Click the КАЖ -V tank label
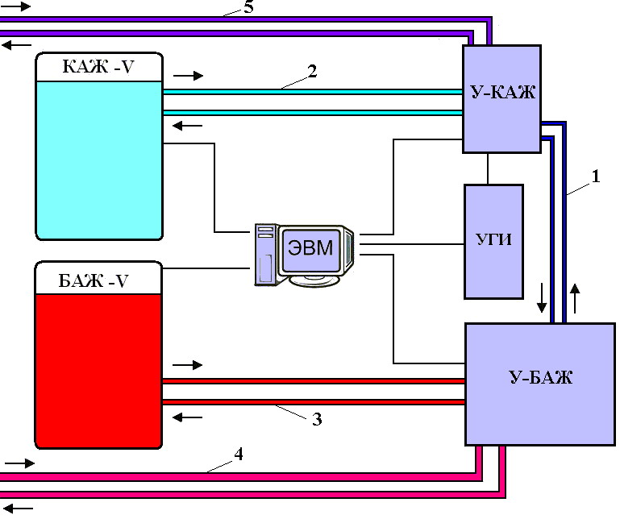click(98, 66)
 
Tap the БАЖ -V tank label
click(94, 281)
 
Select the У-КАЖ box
click(501, 99)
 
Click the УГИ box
click(494, 242)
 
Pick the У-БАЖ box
click(540, 384)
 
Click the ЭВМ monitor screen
click(310, 249)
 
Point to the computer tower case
click(266, 254)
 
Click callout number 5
click(248, 7)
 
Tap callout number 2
click(312, 72)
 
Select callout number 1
click(596, 176)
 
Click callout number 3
click(317, 419)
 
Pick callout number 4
click(239, 455)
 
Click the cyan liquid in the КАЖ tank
click(99, 160)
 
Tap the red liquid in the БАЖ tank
click(99, 372)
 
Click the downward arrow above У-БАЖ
click(542, 297)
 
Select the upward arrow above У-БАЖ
click(575, 298)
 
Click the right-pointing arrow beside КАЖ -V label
click(188, 76)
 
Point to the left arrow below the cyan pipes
click(187, 126)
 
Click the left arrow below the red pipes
click(187, 417)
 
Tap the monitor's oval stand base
click(314, 280)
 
